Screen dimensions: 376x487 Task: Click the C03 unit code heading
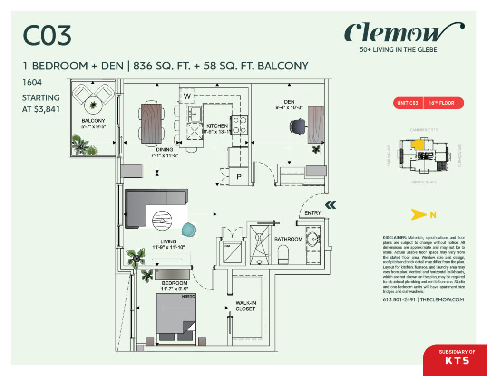[47, 37]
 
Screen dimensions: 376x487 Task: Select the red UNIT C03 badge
[407, 103]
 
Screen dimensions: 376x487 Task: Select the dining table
[150, 123]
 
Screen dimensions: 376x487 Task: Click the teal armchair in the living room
[189, 230]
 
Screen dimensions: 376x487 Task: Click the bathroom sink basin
[312, 239]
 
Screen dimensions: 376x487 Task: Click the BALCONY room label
[93, 121]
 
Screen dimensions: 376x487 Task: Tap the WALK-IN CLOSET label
[245, 306]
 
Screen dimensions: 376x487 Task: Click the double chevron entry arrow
[331, 205]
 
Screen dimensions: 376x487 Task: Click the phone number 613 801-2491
[399, 300]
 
